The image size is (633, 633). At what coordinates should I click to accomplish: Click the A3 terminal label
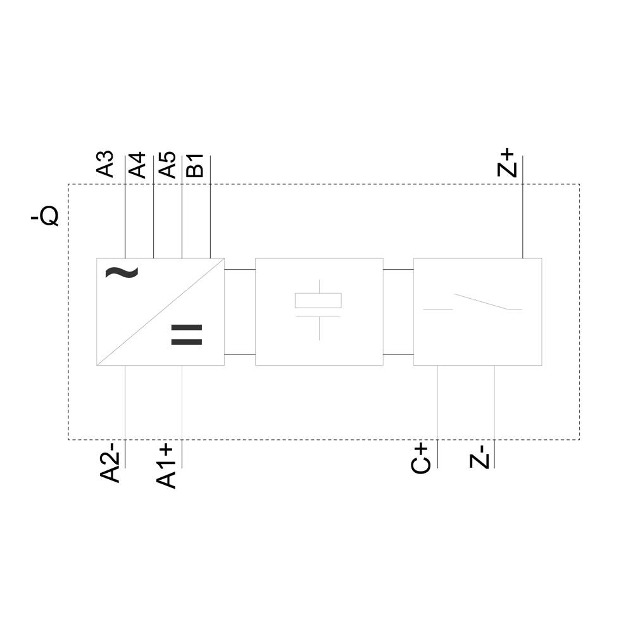click(105, 164)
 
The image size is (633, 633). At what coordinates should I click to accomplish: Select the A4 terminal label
click(137, 164)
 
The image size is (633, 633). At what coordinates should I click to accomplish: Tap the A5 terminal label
click(166, 164)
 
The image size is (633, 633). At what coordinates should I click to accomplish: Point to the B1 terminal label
click(195, 165)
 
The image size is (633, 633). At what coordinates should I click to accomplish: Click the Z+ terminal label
click(508, 163)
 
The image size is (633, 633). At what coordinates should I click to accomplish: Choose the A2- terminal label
click(111, 463)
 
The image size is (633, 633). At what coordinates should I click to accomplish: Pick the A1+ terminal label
click(166, 466)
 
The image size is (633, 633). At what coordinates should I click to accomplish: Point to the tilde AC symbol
click(121, 272)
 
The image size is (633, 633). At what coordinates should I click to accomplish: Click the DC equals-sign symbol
click(186, 335)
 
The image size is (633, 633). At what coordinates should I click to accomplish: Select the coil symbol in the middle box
click(318, 301)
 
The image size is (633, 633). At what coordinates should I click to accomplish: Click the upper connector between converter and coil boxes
click(239, 269)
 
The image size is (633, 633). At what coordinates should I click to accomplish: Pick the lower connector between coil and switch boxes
click(398, 355)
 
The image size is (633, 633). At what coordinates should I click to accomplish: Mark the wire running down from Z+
click(522, 222)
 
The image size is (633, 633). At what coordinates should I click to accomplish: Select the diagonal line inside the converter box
click(160, 312)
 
